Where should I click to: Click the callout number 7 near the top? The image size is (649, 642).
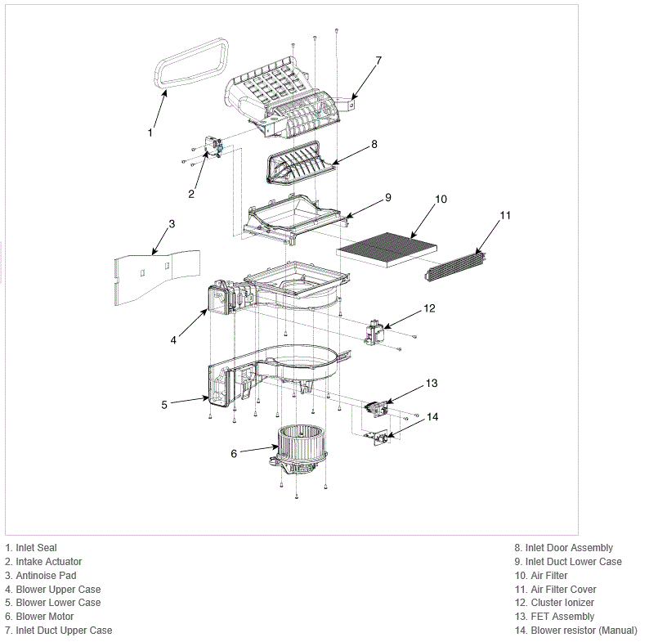pos(378,61)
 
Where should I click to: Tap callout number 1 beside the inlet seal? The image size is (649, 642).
pos(150,132)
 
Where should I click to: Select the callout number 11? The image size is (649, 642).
pos(505,215)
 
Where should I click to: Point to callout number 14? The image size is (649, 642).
pos(432,416)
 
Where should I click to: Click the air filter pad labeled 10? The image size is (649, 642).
pos(387,249)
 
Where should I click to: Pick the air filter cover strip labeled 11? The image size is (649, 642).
pos(455,267)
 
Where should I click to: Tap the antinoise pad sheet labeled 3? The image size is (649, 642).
pos(157,277)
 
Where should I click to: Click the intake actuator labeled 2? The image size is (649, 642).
pos(214,146)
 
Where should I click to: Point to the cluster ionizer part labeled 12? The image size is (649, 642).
pos(375,331)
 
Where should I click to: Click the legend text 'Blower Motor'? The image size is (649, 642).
pos(45,617)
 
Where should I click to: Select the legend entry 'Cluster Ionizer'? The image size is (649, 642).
pos(562,603)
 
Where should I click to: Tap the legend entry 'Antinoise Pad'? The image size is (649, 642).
pos(46,575)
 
